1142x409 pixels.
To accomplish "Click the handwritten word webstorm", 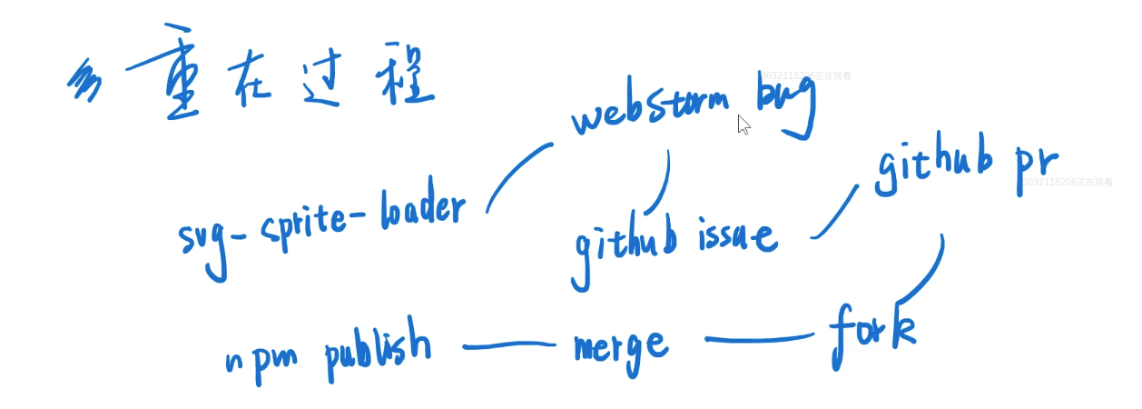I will coord(650,115).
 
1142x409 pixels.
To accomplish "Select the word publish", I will coord(378,345).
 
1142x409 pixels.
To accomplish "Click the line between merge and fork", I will coord(759,340).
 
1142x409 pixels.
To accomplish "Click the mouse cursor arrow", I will coord(743,125).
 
